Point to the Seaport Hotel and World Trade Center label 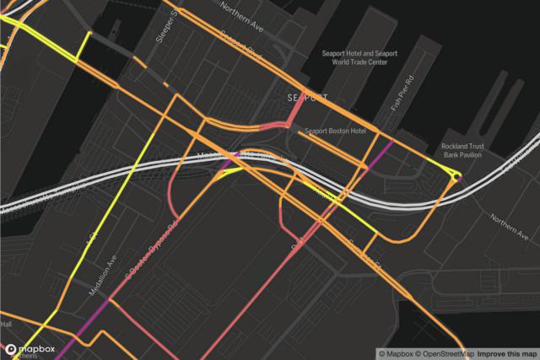coord(359,57)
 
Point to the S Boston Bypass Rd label coord(152,246)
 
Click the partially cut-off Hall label coord(6,325)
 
